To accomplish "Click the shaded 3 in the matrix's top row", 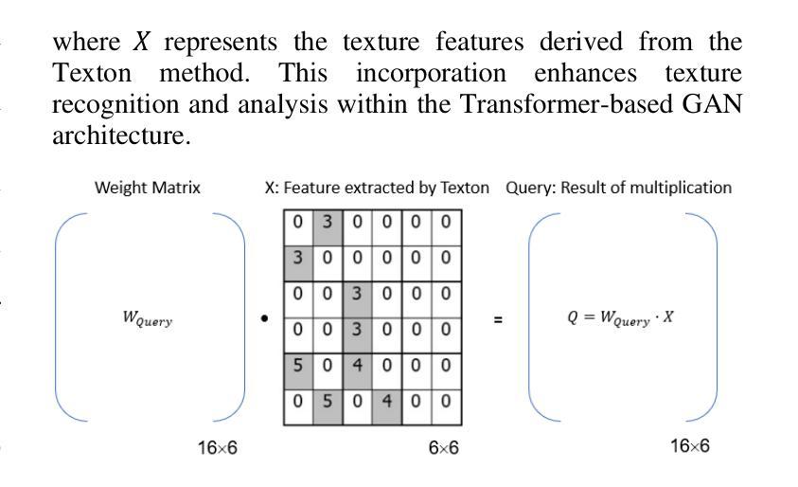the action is pyautogui.click(x=328, y=222).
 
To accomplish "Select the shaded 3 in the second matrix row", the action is pyautogui.click(x=298, y=258).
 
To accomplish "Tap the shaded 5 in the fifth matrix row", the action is pyautogui.click(x=298, y=366).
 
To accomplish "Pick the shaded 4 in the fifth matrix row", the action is pyautogui.click(x=357, y=366).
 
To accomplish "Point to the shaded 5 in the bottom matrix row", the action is pyautogui.click(x=328, y=402).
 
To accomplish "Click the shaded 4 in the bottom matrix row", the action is pyautogui.click(x=387, y=402).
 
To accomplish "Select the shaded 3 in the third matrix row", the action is pyautogui.click(x=357, y=294).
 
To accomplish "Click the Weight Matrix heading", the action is pyautogui.click(x=148, y=188).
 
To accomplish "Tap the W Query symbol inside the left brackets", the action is pyautogui.click(x=148, y=318).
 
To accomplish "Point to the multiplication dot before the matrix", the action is pyautogui.click(x=264, y=319).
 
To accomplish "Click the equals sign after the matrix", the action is pyautogui.click(x=498, y=320).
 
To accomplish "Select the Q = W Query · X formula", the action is pyautogui.click(x=620, y=317).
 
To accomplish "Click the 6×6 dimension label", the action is pyautogui.click(x=443, y=448).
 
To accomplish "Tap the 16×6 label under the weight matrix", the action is pyautogui.click(x=218, y=448).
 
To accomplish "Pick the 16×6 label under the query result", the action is pyautogui.click(x=689, y=446).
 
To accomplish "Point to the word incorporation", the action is pyautogui.click(x=431, y=73).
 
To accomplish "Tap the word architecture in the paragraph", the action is pyautogui.click(x=121, y=135).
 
